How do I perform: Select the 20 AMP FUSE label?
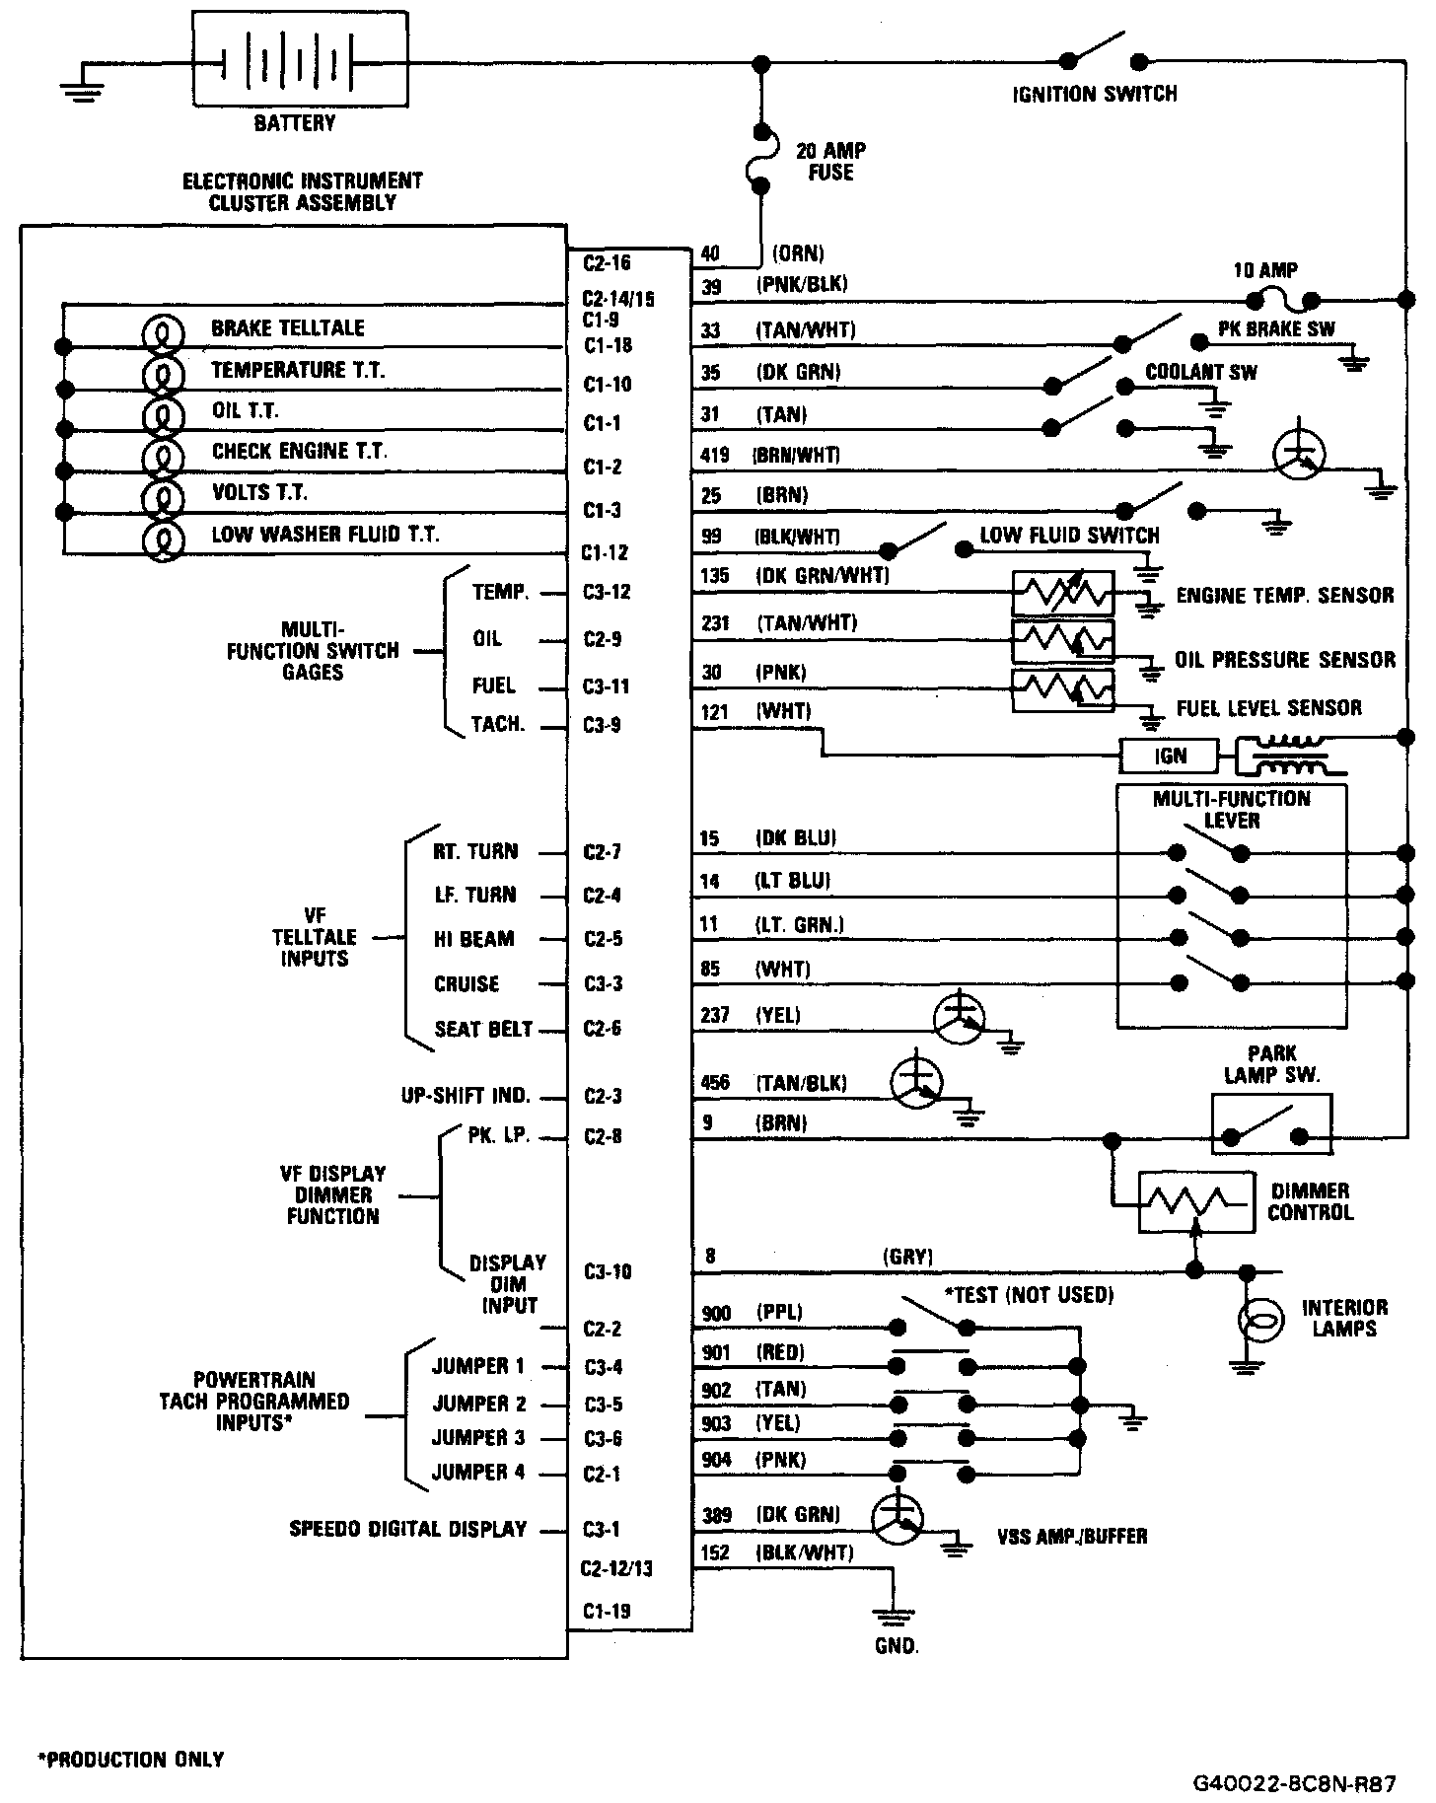pyautogui.click(x=830, y=161)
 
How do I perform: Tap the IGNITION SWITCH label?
pyautogui.click(x=1095, y=95)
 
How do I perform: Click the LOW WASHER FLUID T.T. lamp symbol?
pyautogui.click(x=163, y=540)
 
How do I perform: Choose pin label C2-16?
pyautogui.click(x=606, y=262)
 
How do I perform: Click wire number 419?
pyautogui.click(x=714, y=455)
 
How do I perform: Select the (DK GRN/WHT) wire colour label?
pyautogui.click(x=822, y=575)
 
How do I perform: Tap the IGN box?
pyautogui.click(x=1170, y=757)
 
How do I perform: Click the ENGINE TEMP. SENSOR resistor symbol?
pyautogui.click(x=1062, y=594)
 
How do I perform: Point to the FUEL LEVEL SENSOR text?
pyautogui.click(x=1268, y=708)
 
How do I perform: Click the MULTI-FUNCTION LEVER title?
pyautogui.click(x=1231, y=809)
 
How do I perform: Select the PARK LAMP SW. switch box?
pyautogui.click(x=1270, y=1123)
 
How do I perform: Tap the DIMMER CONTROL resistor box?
pyautogui.click(x=1195, y=1201)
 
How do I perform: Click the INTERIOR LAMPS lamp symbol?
pyautogui.click(x=1260, y=1319)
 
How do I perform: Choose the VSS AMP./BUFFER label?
pyautogui.click(x=1072, y=1537)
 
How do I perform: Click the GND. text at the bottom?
pyautogui.click(x=896, y=1646)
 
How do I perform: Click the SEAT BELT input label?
pyautogui.click(x=483, y=1030)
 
